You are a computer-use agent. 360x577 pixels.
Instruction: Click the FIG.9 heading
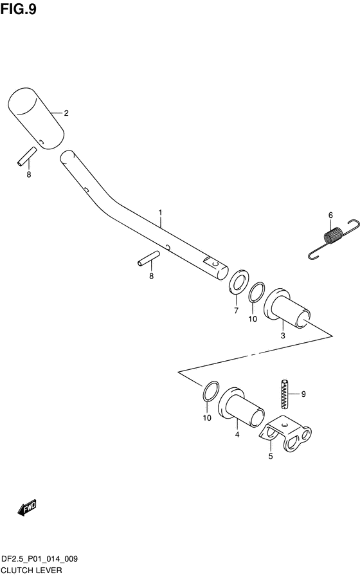(19, 9)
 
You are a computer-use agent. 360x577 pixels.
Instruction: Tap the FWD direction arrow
(27, 507)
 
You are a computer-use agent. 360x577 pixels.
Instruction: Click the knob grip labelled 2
(35, 118)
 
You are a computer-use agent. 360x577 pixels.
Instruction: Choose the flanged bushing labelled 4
(241, 407)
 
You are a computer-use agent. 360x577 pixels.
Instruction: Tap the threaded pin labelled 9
(285, 394)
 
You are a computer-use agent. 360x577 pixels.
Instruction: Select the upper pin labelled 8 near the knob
(27, 156)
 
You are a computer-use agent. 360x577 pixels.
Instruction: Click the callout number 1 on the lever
(160, 212)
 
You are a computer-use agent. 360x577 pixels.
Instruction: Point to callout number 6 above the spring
(330, 215)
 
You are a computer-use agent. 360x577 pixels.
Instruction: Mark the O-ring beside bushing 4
(211, 390)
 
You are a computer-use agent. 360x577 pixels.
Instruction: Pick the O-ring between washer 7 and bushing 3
(256, 292)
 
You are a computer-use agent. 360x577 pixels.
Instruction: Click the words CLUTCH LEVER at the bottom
(32, 571)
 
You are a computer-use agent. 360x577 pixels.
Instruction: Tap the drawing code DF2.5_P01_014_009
(40, 560)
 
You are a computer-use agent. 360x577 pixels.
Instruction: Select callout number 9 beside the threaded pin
(303, 394)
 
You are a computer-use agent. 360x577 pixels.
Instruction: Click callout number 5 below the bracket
(271, 457)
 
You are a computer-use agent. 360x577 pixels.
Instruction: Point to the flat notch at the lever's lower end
(213, 262)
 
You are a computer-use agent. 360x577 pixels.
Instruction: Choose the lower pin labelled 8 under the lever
(148, 257)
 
